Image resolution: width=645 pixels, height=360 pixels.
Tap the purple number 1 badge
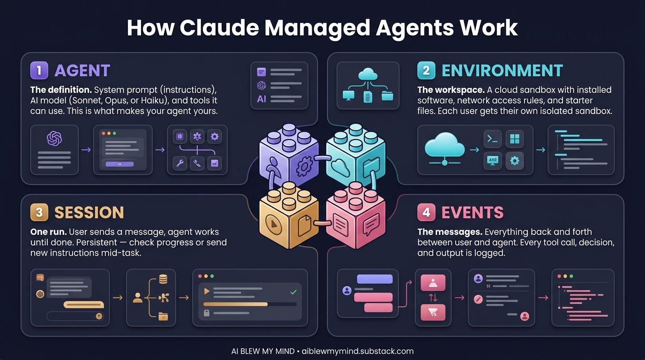pos(39,70)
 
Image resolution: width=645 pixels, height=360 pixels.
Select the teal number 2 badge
pos(426,70)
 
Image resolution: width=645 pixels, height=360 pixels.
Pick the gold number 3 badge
pos(39,212)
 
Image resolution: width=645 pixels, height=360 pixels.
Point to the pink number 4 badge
pos(426,212)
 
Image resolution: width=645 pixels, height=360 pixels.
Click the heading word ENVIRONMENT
pos(502,70)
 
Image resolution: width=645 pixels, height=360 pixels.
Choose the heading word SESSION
pos(89,212)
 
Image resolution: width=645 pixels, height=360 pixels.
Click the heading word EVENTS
pos(472,212)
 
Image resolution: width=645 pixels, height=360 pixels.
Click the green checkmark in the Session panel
pos(293,292)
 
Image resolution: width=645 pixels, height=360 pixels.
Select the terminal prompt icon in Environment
pos(492,139)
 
